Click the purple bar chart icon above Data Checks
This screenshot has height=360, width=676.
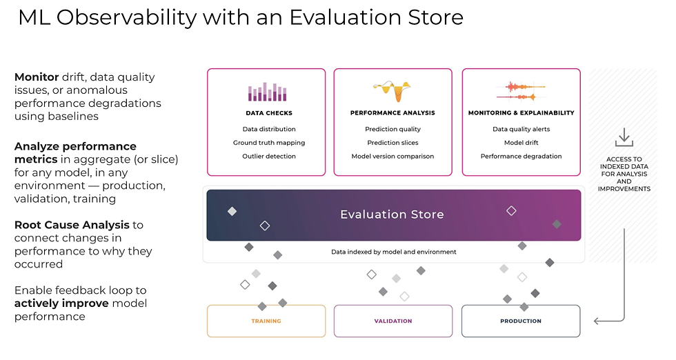click(268, 92)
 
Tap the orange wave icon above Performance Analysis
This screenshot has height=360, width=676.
click(392, 91)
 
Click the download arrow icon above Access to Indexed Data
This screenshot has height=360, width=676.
click(624, 137)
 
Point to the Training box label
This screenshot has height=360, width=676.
click(266, 321)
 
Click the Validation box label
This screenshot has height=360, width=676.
click(393, 321)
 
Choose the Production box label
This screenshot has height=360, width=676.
click(521, 321)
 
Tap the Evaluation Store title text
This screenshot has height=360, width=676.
click(392, 214)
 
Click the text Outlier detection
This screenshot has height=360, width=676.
click(269, 156)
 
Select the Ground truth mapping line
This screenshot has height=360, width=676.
click(269, 143)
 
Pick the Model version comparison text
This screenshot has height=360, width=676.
click(392, 156)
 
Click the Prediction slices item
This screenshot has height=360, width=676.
click(392, 143)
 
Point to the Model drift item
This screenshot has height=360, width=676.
click(521, 143)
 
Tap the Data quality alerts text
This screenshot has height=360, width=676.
click(521, 129)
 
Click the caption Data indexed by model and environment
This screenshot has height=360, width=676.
click(394, 252)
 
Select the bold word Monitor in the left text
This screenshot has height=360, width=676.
click(37, 77)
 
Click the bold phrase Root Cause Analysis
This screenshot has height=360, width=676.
click(72, 225)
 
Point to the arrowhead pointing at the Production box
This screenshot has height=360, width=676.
click(597, 321)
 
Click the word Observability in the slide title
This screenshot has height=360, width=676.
click(126, 18)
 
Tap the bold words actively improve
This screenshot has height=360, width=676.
click(61, 303)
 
